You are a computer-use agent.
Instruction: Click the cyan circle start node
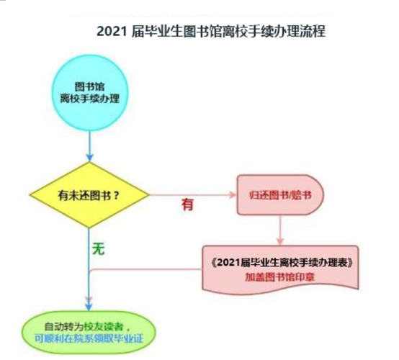pyautogui.click(x=90, y=93)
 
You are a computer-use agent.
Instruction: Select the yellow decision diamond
pyautogui.click(x=89, y=195)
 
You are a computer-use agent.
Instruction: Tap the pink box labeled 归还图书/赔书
pyautogui.click(x=280, y=195)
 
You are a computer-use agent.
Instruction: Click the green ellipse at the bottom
pyautogui.click(x=89, y=333)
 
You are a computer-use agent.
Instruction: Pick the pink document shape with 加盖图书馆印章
pyautogui.click(x=280, y=270)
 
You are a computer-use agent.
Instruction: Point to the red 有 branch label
pyautogui.click(x=187, y=204)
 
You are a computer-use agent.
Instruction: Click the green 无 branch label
pyautogui.click(x=99, y=249)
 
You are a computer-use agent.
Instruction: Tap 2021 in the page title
pyautogui.click(x=112, y=32)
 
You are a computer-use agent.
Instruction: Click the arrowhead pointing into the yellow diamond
pyautogui.click(x=89, y=158)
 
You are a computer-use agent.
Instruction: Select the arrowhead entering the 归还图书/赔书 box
pyautogui.click(x=233, y=195)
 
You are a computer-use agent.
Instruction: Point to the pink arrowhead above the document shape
pyautogui.click(x=280, y=241)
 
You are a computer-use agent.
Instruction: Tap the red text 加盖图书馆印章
pyautogui.click(x=280, y=277)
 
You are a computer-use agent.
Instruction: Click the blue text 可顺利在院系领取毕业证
pyautogui.click(x=89, y=338)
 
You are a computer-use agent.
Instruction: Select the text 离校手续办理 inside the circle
pyautogui.click(x=90, y=99)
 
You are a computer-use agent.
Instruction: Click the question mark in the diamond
pyautogui.click(x=116, y=196)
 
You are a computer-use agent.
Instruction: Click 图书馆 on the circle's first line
pyautogui.click(x=89, y=86)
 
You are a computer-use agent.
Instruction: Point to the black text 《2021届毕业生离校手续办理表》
pyautogui.click(x=282, y=263)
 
